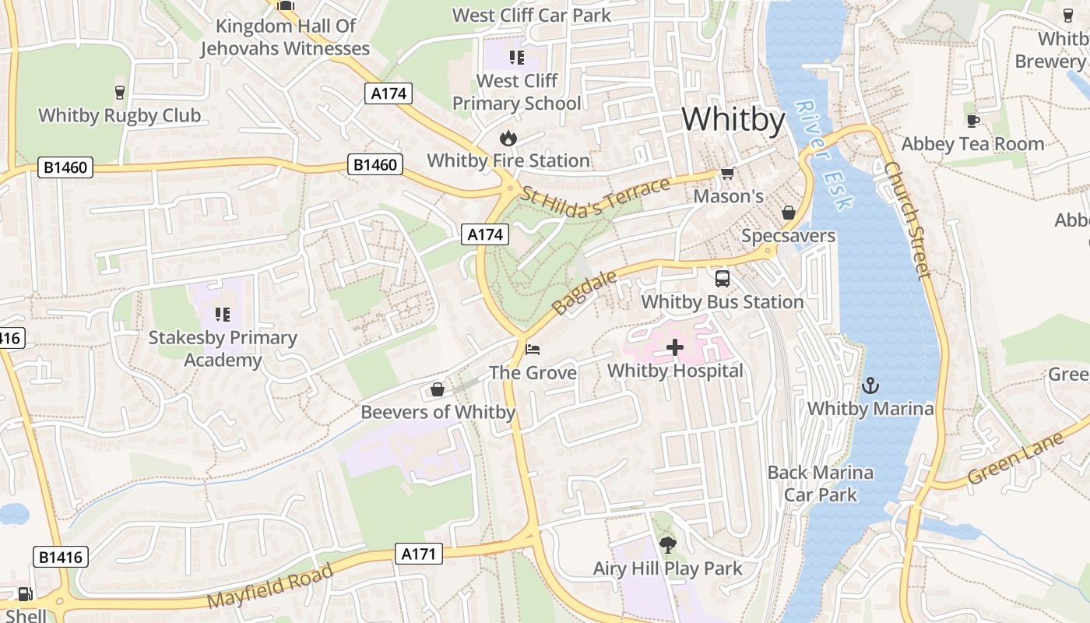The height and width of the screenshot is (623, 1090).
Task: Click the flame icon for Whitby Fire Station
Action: click(x=508, y=139)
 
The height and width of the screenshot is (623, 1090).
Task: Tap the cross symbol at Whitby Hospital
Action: click(x=675, y=347)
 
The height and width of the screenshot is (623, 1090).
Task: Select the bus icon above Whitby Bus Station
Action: click(x=722, y=279)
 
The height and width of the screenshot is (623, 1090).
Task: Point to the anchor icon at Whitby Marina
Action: click(x=870, y=385)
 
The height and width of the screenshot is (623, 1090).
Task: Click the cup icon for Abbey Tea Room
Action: click(x=972, y=121)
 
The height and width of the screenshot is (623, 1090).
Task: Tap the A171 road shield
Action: click(x=419, y=554)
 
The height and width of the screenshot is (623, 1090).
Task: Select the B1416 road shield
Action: click(x=62, y=557)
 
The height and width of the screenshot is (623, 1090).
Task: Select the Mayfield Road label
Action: click(x=271, y=586)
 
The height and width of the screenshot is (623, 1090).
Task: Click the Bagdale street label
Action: click(x=585, y=292)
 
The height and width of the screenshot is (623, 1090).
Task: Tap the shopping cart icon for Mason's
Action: click(x=727, y=173)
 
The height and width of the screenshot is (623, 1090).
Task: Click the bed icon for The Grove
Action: click(x=533, y=348)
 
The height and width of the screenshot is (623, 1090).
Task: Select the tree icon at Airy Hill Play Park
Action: click(x=667, y=544)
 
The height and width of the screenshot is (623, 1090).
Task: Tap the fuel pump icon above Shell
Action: click(x=25, y=594)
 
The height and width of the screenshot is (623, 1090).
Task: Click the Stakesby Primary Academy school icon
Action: click(x=223, y=315)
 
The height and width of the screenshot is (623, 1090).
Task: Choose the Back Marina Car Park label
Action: click(x=821, y=484)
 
